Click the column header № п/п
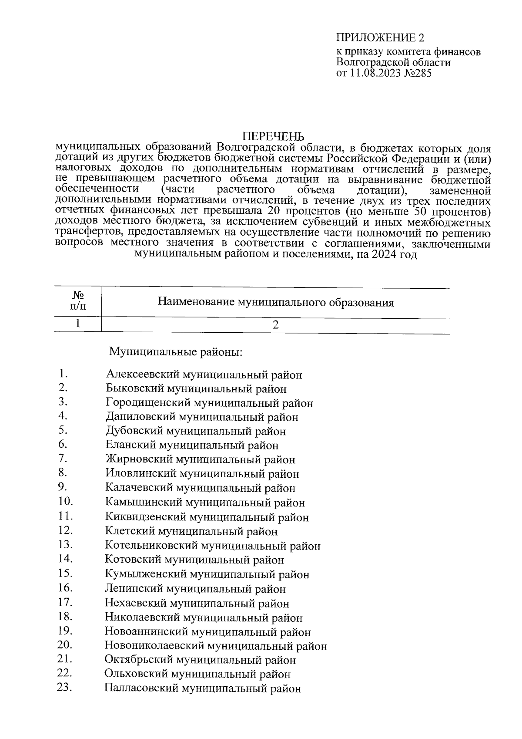pyautogui.click(x=77, y=300)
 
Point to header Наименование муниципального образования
pyautogui.click(x=275, y=302)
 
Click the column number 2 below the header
pyautogui.click(x=275, y=325)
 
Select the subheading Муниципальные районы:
pyautogui.click(x=175, y=351)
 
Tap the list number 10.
pyautogui.click(x=66, y=501)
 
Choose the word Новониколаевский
pyautogui.click(x=155, y=646)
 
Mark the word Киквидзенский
pyautogui.click(x=146, y=517)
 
